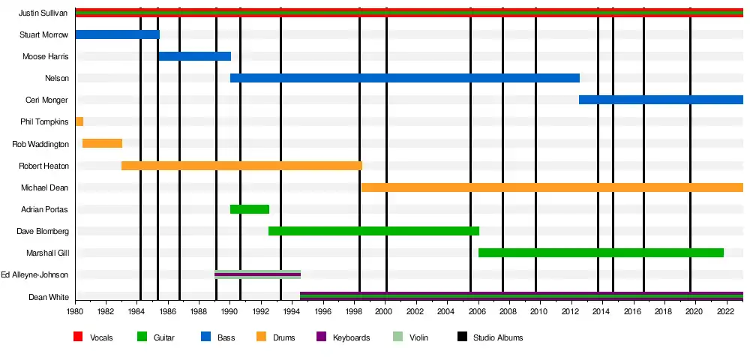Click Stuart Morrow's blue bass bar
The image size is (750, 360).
(x=117, y=34)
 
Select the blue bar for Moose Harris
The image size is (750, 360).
(x=194, y=56)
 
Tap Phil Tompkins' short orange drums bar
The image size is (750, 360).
(x=79, y=121)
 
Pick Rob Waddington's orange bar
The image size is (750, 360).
(x=102, y=143)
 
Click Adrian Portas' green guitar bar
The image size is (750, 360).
(x=249, y=209)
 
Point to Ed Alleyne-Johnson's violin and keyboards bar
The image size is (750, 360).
(x=257, y=274)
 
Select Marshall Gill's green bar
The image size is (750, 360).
(x=601, y=253)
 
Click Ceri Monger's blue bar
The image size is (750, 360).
(x=661, y=100)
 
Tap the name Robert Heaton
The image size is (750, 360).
(x=43, y=166)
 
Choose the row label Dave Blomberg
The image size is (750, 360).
(x=43, y=231)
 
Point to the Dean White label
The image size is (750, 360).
(x=49, y=297)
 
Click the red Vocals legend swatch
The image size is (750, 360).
(x=78, y=337)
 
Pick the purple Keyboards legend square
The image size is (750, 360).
(x=321, y=337)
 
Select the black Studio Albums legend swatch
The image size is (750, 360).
(x=461, y=337)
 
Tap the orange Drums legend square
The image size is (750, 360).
(x=261, y=337)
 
